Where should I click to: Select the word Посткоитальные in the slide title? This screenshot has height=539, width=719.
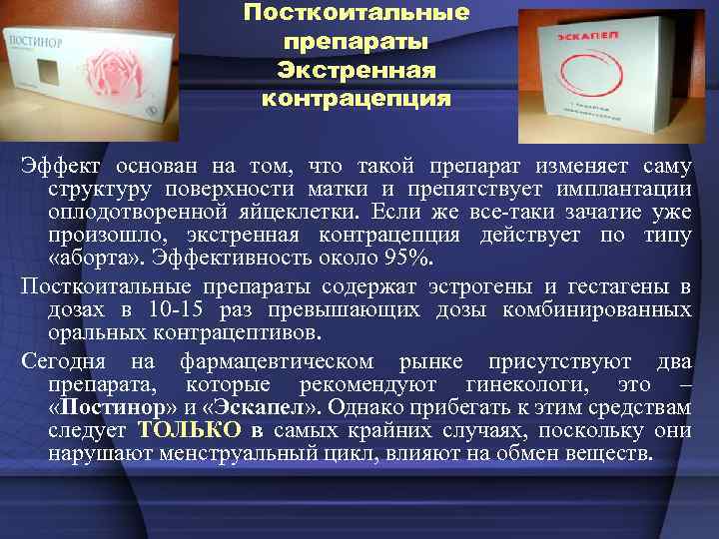(x=358, y=15)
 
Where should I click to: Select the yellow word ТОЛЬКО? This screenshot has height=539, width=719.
(x=191, y=430)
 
